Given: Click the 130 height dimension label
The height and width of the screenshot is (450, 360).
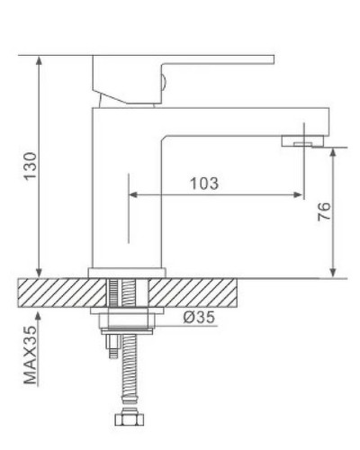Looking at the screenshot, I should [x=29, y=167].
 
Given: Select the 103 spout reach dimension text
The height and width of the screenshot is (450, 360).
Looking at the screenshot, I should [x=205, y=184].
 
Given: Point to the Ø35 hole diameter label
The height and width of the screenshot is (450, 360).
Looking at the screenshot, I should [x=199, y=317].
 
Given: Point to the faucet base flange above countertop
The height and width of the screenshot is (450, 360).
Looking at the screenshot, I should [x=129, y=271].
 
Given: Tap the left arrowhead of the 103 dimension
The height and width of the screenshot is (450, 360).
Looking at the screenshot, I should [x=135, y=194].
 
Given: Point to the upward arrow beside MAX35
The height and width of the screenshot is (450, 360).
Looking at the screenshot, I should [x=40, y=316].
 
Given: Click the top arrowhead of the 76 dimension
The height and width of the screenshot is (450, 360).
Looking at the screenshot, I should [x=335, y=150].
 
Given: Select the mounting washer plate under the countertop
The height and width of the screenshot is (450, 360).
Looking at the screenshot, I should [x=129, y=315].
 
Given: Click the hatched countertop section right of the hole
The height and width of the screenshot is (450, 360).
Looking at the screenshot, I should [x=198, y=292].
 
